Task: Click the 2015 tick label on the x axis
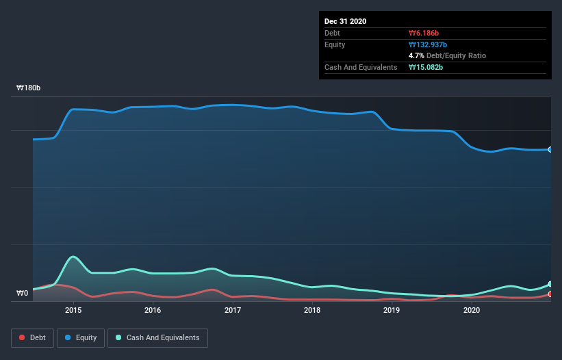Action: pos(73,310)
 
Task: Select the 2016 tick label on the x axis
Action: pos(153,310)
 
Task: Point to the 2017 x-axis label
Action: pos(233,310)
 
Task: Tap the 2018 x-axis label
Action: pos(312,310)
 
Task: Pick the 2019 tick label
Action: pos(392,310)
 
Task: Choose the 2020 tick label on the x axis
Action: pos(472,310)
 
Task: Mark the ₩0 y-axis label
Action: pos(23,294)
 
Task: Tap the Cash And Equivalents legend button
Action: pos(157,337)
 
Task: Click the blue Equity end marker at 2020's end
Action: pos(550,149)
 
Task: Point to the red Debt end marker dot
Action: pos(550,294)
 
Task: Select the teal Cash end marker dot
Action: pos(550,284)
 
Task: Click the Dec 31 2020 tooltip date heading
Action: pos(345,21)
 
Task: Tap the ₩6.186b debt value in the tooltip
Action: pos(424,33)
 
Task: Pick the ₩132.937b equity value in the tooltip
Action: pos(430,44)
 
